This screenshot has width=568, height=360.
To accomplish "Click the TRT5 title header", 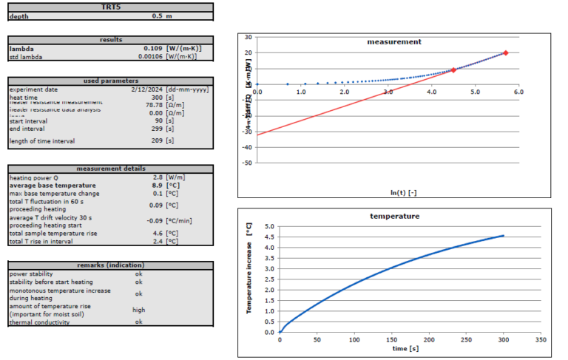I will [110, 7].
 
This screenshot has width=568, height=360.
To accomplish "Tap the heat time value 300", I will [156, 97].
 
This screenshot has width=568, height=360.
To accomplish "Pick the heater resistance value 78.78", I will [154, 104].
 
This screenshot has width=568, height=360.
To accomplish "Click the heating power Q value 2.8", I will [158, 177].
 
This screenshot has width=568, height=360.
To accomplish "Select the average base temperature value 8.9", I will [158, 185].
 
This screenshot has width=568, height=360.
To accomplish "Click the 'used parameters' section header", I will [110, 81].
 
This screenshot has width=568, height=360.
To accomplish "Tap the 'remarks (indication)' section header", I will [110, 265].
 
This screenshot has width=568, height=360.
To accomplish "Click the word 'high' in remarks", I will [138, 310].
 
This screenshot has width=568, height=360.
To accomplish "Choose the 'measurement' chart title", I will [394, 42].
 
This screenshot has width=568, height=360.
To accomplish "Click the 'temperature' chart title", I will [394, 217].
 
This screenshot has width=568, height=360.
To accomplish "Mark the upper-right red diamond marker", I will [506, 52].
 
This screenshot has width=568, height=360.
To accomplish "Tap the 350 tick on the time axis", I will [540, 341].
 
